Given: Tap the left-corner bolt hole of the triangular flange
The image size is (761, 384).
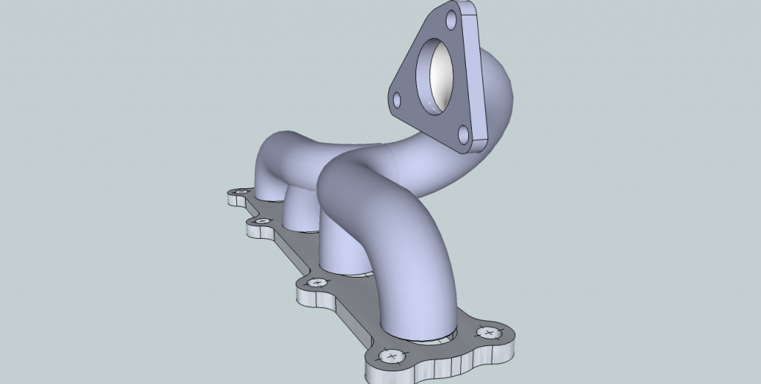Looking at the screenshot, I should coord(398,99).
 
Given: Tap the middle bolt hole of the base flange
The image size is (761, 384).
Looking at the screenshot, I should coord(317,283).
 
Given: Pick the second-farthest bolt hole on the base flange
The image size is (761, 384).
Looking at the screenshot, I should coord(260,222).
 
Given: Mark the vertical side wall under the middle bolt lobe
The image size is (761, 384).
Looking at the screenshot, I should coord(312,299).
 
